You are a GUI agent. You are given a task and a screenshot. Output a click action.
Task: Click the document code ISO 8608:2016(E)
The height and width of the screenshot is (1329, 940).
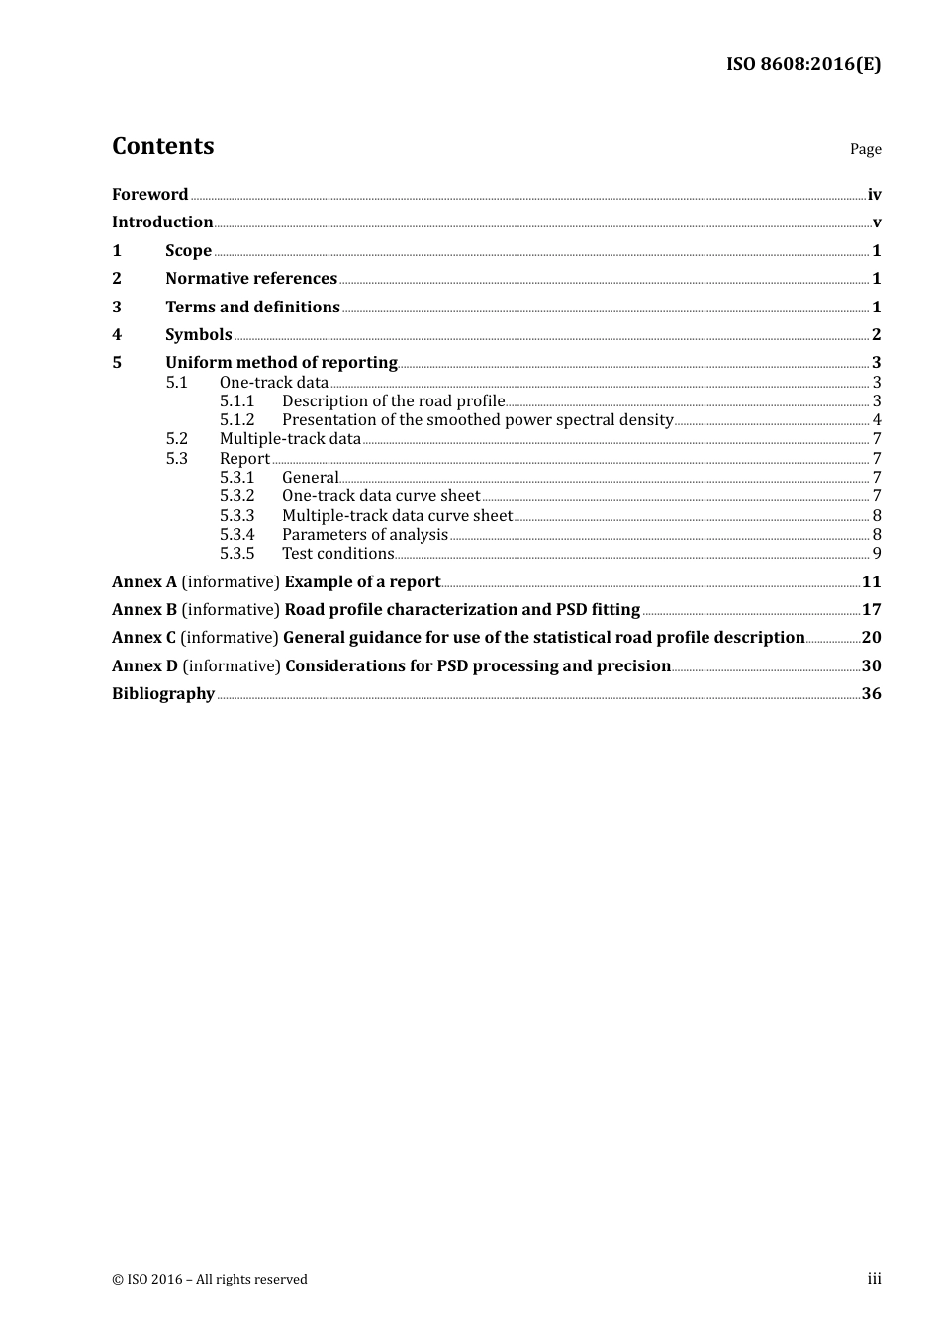pyautogui.click(x=802, y=64)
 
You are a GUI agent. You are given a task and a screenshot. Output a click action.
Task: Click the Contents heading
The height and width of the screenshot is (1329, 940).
pyautogui.click(x=162, y=146)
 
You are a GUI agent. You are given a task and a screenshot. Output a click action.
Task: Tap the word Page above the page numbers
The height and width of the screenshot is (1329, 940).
pyautogui.click(x=865, y=149)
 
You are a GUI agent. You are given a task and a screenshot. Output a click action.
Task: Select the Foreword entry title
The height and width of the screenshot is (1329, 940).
pyautogui.click(x=149, y=194)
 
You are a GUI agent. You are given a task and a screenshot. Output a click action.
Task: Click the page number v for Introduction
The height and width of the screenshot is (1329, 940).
pyautogui.click(x=876, y=222)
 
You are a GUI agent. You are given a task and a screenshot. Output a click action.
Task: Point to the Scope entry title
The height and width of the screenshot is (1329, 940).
pyautogui.click(x=188, y=250)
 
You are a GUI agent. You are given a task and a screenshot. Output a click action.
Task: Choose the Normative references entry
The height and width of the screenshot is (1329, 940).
pyautogui.click(x=251, y=279)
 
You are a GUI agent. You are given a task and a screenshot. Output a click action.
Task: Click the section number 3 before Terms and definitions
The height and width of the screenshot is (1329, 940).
pyautogui.click(x=117, y=307)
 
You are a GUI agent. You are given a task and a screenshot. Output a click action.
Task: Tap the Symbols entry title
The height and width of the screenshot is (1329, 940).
pyautogui.click(x=198, y=334)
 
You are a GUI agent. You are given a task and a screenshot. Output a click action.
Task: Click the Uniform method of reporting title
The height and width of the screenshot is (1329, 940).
pyautogui.click(x=281, y=363)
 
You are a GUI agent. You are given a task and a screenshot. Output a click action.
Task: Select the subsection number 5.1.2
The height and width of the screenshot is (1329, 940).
pyautogui.click(x=236, y=420)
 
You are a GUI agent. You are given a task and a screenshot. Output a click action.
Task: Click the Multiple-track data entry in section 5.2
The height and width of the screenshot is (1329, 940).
pyautogui.click(x=290, y=439)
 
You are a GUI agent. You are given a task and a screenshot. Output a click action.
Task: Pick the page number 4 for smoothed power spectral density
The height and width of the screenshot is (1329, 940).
pyautogui.click(x=876, y=420)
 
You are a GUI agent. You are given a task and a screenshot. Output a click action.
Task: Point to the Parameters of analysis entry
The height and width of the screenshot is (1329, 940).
pyautogui.click(x=364, y=535)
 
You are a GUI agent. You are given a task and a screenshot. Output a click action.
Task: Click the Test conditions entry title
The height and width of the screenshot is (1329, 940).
pyautogui.click(x=337, y=554)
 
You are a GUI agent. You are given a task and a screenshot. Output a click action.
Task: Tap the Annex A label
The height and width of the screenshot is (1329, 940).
pyautogui.click(x=144, y=582)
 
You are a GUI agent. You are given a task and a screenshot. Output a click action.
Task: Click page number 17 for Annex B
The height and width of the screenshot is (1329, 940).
pyautogui.click(x=871, y=610)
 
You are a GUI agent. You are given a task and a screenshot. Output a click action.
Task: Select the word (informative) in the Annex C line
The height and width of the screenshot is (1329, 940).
pyautogui.click(x=230, y=638)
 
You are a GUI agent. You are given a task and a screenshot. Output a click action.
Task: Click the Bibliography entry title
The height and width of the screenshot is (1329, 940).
pyautogui.click(x=163, y=694)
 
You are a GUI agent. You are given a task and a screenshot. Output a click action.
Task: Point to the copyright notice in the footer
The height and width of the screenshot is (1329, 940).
pyautogui.click(x=210, y=1280)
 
